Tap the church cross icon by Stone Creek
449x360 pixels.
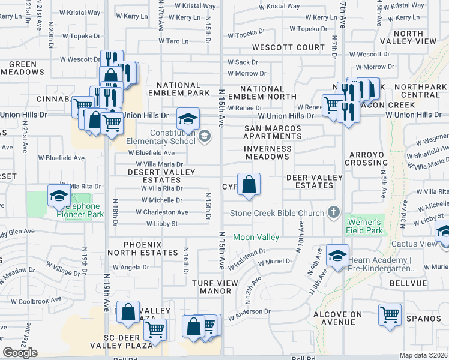click(x=334, y=213)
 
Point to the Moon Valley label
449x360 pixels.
click(x=256, y=237)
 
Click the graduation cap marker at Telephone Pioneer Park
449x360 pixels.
click(x=59, y=196)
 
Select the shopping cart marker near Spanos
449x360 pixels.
click(x=390, y=314)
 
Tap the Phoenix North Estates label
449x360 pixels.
click(x=143, y=248)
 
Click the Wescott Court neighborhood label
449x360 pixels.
click(x=288, y=47)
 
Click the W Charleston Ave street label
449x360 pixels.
click(x=161, y=212)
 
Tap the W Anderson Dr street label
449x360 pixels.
click(x=249, y=311)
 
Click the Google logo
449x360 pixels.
click(x=20, y=353)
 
